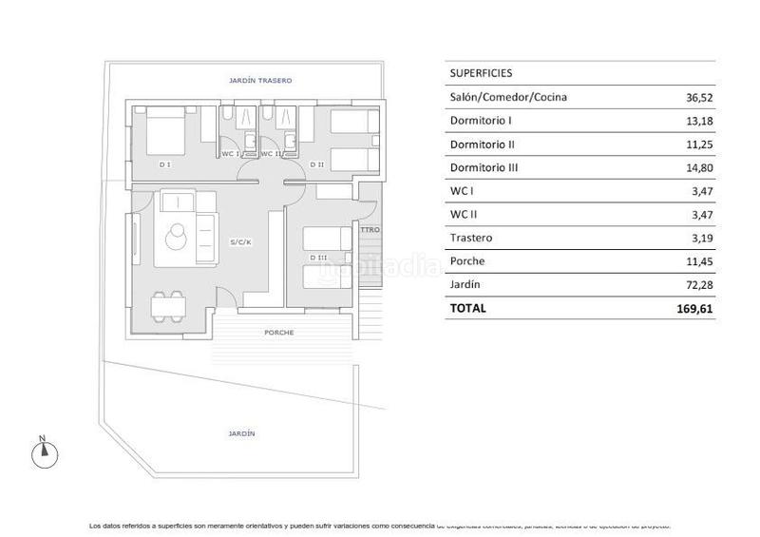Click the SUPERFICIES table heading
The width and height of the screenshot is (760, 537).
482,72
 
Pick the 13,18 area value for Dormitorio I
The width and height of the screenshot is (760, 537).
699,121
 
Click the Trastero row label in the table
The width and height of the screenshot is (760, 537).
471,238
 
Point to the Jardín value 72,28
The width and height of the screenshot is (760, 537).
699,284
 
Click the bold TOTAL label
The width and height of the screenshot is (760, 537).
468,308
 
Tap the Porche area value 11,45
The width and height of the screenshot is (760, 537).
699,260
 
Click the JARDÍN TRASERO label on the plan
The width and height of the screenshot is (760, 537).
259,82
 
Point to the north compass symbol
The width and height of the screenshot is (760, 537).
44,454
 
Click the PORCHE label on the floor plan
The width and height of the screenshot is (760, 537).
278,333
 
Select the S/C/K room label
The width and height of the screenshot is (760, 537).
240,242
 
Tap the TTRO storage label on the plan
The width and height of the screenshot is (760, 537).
370,230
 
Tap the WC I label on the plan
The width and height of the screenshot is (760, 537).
232,153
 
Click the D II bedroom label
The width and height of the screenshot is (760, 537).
317,165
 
